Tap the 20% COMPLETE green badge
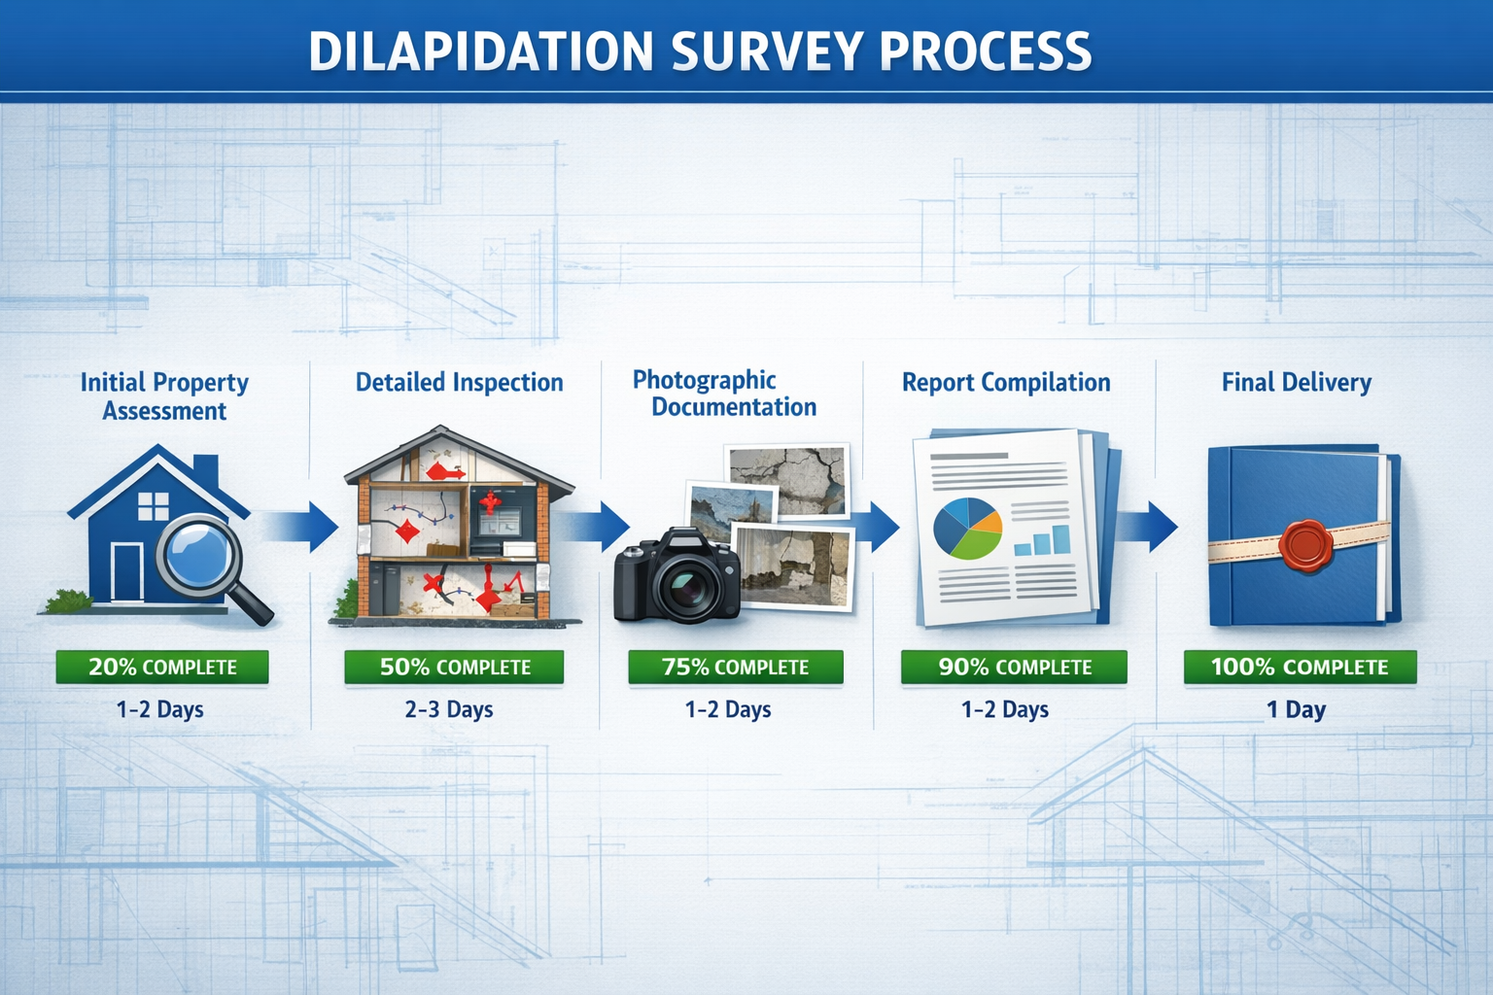(x=162, y=668)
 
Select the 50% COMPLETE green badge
(x=454, y=668)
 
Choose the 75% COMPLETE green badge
(x=735, y=668)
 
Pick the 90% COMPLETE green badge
(x=1014, y=668)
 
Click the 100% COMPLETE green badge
(x=1300, y=668)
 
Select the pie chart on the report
(x=967, y=529)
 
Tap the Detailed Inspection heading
(x=459, y=383)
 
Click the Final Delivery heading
(x=1296, y=383)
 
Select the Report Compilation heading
(x=1006, y=383)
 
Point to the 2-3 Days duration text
(x=449, y=710)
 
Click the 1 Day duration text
(x=1296, y=710)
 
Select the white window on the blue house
(x=154, y=506)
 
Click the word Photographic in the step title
(x=704, y=380)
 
